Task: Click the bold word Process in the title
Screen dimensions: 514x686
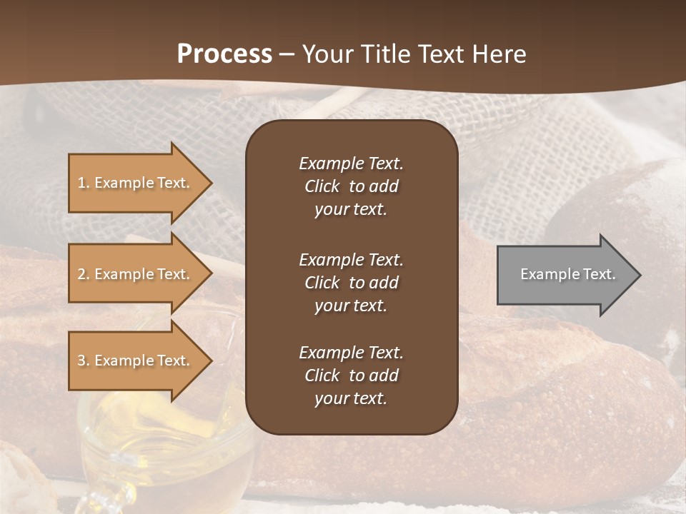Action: pyautogui.click(x=224, y=54)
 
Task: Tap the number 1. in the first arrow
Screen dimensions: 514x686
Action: pyautogui.click(x=84, y=183)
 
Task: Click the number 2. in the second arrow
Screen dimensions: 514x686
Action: pyautogui.click(x=84, y=274)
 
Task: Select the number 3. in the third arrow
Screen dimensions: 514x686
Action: pyautogui.click(x=84, y=361)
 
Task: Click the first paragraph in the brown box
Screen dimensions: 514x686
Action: pyautogui.click(x=351, y=186)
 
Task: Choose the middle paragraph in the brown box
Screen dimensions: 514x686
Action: pyautogui.click(x=351, y=283)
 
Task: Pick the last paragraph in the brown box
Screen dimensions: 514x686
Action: pyautogui.click(x=351, y=376)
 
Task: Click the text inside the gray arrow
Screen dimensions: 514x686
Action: pyautogui.click(x=568, y=274)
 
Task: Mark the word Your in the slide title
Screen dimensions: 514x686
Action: pyautogui.click(x=327, y=54)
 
